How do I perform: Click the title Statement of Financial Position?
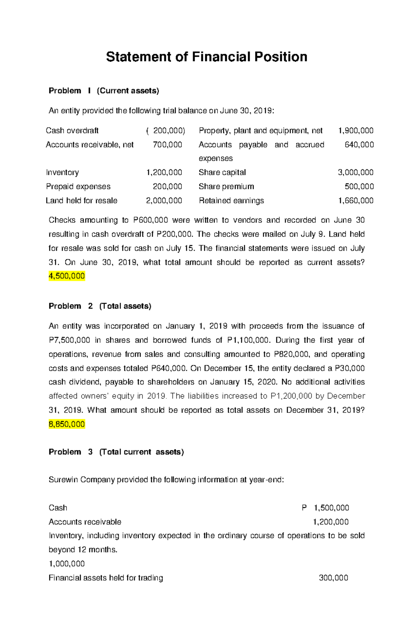(x=206, y=57)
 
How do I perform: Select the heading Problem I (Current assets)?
(x=104, y=91)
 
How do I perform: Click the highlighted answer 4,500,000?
(x=67, y=276)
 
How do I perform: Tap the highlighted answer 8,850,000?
(x=67, y=424)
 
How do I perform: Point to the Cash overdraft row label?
(x=72, y=131)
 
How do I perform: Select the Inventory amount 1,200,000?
(x=164, y=172)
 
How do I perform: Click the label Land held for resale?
(x=81, y=200)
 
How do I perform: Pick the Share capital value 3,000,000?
(x=355, y=172)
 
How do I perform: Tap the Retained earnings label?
(x=231, y=200)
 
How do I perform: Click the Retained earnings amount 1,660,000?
(x=355, y=200)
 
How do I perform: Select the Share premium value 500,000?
(x=359, y=186)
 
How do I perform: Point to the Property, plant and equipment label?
(x=260, y=131)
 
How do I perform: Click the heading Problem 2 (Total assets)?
(x=100, y=306)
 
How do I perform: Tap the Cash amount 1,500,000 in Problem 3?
(x=331, y=508)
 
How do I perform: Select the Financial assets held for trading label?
(x=106, y=578)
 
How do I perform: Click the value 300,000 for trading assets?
(x=333, y=578)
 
